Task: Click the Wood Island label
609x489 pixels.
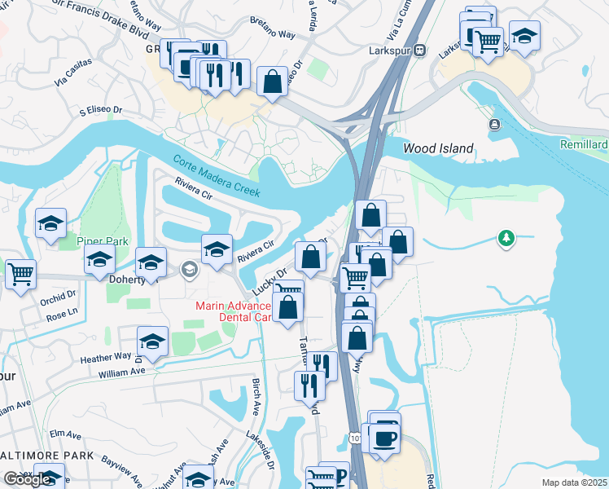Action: (438, 148)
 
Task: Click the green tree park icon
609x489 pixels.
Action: (507, 238)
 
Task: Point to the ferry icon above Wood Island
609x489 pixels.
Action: (493, 124)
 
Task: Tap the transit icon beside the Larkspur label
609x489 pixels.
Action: (420, 50)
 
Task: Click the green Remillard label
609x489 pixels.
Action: (585, 144)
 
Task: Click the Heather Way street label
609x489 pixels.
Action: (105, 356)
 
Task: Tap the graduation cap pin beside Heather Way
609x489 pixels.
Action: (152, 341)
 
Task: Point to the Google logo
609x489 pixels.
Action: (27, 479)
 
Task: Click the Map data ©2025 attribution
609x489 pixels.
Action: (574, 482)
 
